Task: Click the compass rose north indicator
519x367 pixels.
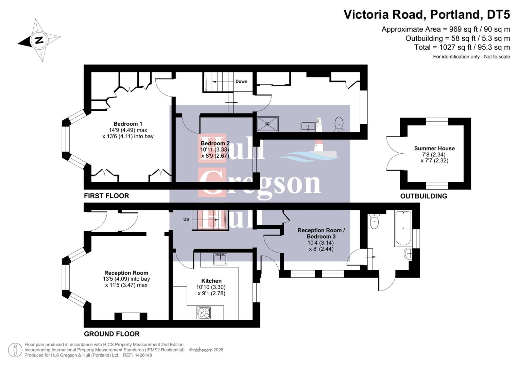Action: tap(39, 40)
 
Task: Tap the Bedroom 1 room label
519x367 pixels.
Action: tap(128, 124)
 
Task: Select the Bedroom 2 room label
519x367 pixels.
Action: tap(215, 143)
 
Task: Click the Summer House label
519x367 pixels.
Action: tap(434, 148)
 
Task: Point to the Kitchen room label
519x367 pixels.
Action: tap(211, 281)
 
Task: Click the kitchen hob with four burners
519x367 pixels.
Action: tap(203, 313)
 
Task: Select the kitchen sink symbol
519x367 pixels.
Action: tap(220, 259)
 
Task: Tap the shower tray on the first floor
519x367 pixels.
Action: tap(267, 124)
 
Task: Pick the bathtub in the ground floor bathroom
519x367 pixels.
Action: tap(403, 228)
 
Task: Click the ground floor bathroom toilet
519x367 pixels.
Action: tap(374, 222)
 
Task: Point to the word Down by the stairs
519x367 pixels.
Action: tap(241, 81)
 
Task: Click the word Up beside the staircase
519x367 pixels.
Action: tap(186, 219)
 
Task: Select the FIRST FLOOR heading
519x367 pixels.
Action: tap(106, 196)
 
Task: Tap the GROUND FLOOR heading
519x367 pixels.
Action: tap(112, 334)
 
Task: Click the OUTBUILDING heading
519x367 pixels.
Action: tap(423, 196)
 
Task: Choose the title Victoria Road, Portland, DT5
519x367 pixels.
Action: tap(427, 15)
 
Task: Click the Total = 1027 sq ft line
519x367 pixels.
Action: tap(462, 47)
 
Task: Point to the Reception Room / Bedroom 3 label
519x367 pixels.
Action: tap(321, 233)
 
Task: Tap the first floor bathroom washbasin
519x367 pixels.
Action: tap(308, 126)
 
